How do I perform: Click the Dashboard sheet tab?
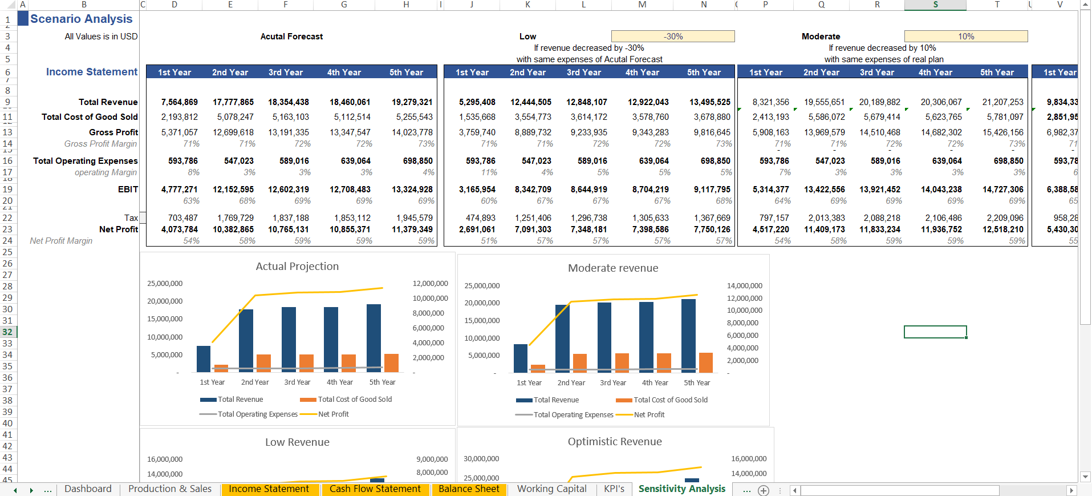coord(88,489)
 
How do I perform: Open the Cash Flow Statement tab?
coord(375,489)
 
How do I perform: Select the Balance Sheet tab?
coord(469,489)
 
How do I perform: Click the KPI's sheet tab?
coord(614,489)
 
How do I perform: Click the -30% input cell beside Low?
coord(673,37)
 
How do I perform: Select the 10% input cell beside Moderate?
coord(966,37)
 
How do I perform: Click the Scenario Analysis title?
coord(82,19)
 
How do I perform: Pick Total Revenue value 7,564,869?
coord(179,102)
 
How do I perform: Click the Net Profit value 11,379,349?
coord(412,229)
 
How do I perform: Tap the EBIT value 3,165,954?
coord(477,189)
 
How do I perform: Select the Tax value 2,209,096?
coord(1005,218)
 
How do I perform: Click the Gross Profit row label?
coord(113,132)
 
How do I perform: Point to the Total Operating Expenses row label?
coord(85,161)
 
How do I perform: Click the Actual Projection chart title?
coord(297,267)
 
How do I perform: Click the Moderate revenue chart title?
coord(613,268)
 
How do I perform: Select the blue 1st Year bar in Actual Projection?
coord(204,360)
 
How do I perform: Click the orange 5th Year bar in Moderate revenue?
coord(706,363)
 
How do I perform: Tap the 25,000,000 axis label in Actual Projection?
coord(165,284)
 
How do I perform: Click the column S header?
coord(935,5)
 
